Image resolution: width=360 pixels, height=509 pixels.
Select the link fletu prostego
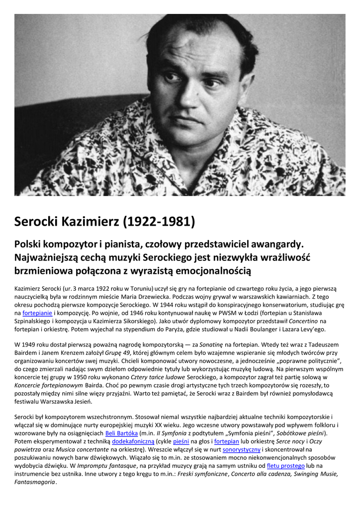point(286,465)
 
